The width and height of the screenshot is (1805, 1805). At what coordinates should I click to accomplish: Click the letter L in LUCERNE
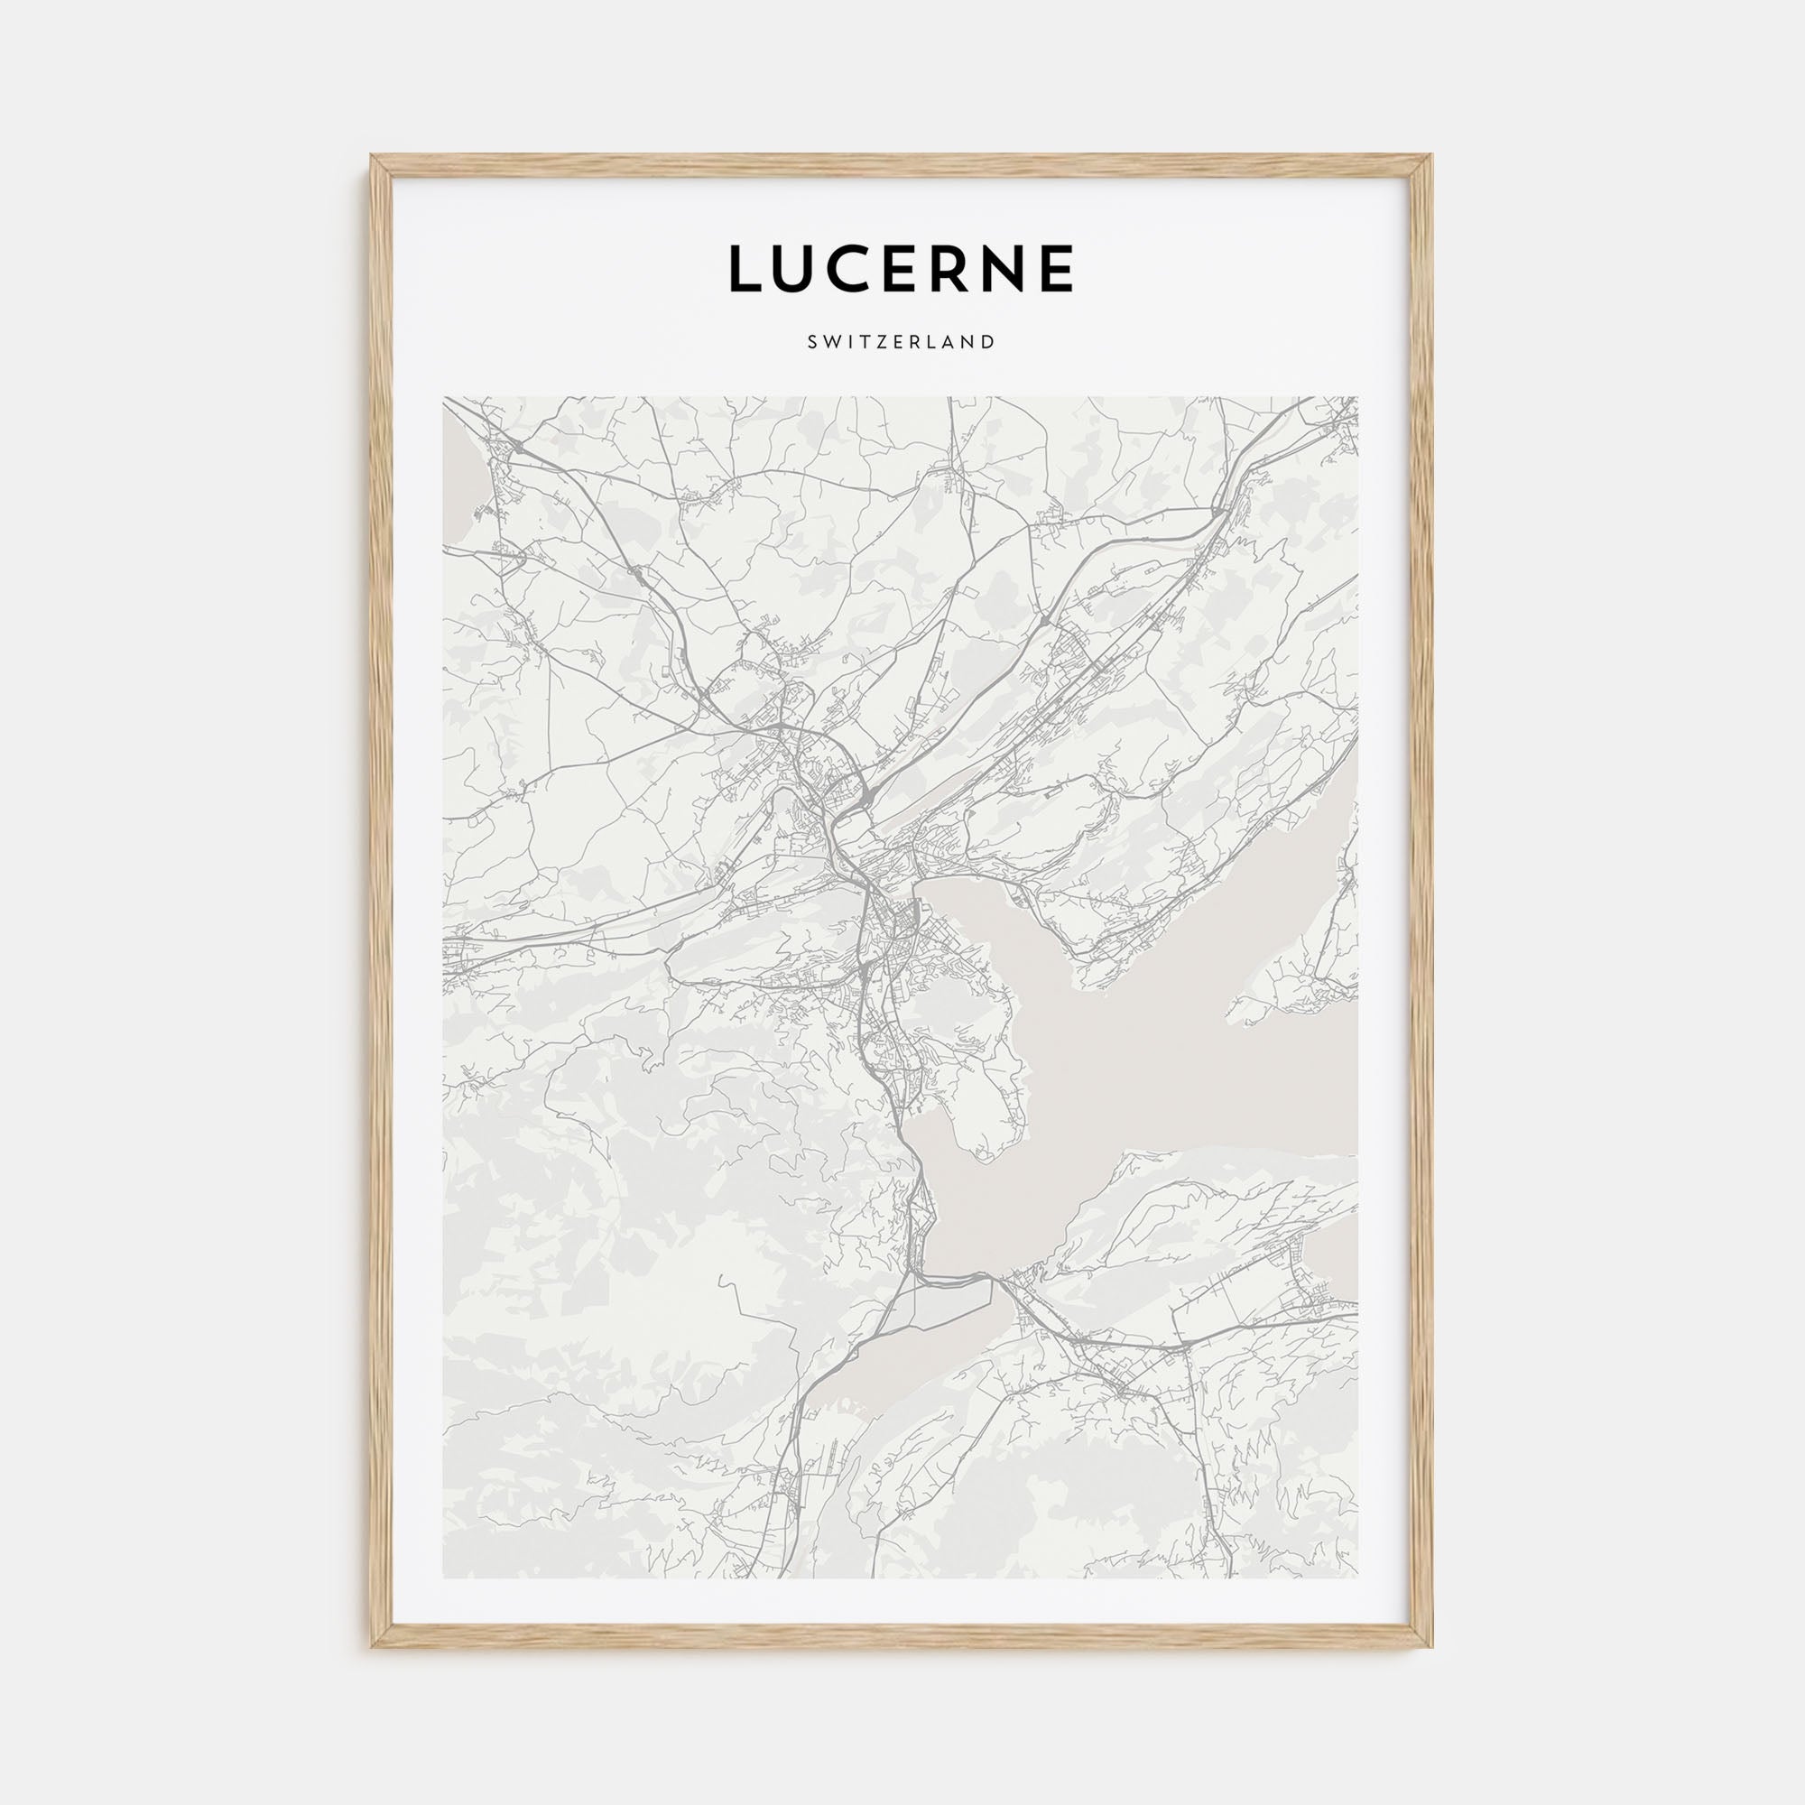(x=748, y=269)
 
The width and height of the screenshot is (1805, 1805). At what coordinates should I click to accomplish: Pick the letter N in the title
(x=1028, y=269)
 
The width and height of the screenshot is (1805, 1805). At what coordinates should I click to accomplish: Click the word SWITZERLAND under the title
(x=902, y=342)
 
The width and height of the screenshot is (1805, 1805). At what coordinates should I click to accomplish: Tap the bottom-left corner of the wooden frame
(x=373, y=1646)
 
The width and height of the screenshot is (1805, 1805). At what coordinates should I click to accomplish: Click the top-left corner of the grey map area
(x=444, y=398)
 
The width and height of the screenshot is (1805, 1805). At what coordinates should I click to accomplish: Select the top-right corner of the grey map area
(x=1358, y=398)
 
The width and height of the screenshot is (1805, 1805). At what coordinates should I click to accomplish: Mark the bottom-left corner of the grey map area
(x=444, y=1578)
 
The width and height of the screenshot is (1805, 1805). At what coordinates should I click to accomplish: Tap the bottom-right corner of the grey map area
(x=1358, y=1578)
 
